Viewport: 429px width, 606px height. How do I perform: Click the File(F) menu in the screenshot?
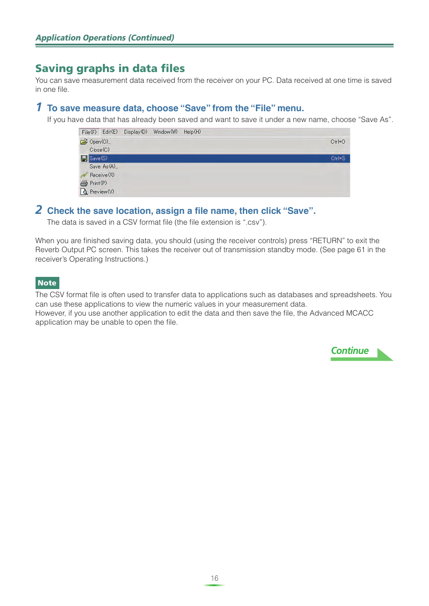(89, 132)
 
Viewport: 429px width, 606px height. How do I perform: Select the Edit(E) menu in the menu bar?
(110, 132)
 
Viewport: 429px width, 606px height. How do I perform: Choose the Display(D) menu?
(135, 132)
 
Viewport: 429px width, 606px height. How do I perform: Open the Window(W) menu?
(165, 132)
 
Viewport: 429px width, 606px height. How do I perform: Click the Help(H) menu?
(192, 132)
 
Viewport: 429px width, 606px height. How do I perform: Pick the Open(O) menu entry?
(100, 142)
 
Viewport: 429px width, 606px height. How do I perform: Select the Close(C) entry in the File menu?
(99, 150)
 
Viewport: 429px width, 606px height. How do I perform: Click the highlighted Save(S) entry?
(98, 158)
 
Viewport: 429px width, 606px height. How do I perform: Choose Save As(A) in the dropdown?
(103, 167)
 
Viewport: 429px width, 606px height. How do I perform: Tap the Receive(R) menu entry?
(102, 175)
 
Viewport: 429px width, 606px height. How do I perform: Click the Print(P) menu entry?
(98, 183)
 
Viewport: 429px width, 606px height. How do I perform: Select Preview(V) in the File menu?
(102, 192)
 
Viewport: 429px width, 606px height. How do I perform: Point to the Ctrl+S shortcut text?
(338, 158)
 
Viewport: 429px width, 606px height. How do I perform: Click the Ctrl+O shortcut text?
(338, 142)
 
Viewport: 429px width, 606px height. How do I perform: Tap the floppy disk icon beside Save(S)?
(84, 158)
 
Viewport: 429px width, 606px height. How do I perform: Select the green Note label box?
(47, 283)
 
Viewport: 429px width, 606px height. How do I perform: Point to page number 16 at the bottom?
(214, 578)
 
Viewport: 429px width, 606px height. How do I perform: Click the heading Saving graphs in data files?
(110, 68)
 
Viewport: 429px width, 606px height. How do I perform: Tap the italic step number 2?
(39, 210)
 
